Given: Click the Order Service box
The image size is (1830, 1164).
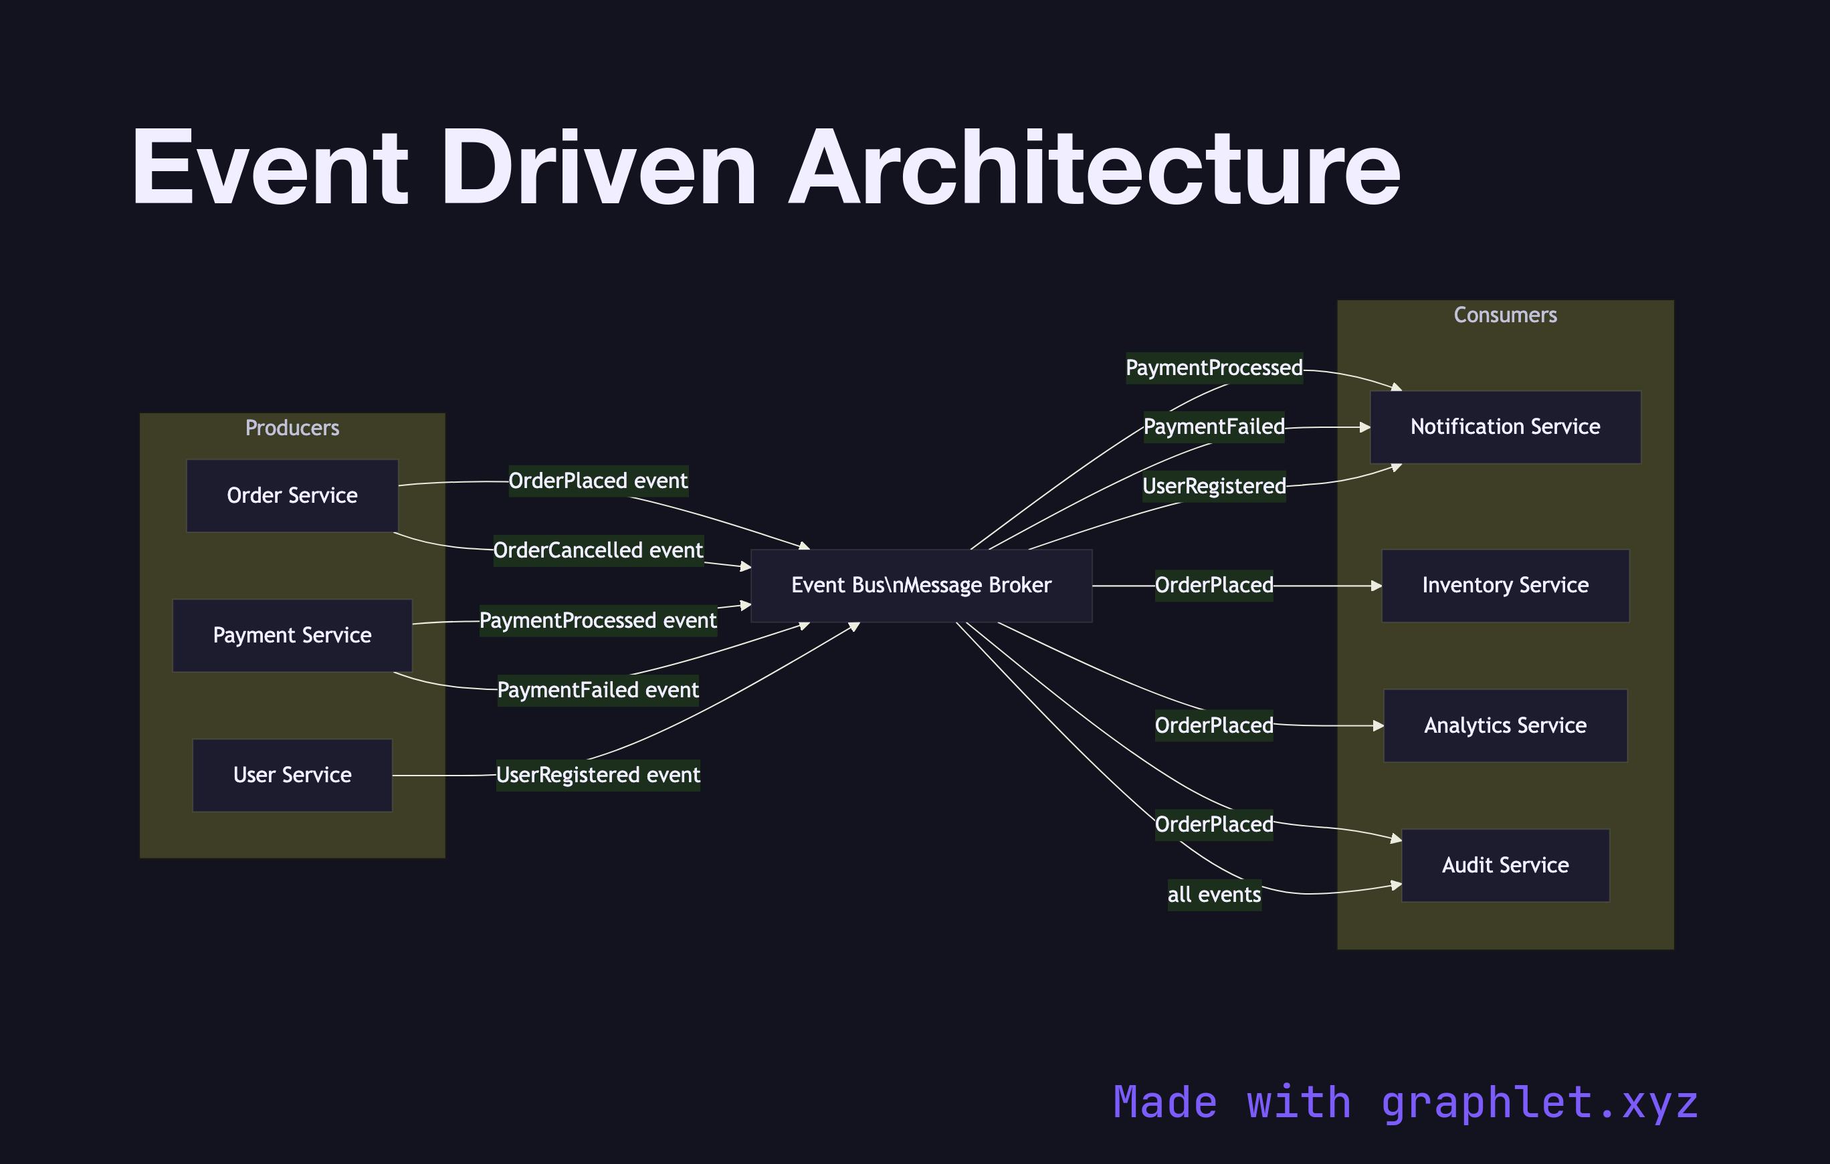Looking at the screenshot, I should point(292,495).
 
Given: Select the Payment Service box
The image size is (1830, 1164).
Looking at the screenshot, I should point(292,635).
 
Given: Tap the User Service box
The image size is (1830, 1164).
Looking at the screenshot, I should point(292,775).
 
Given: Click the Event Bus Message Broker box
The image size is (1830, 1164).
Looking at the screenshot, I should point(921,585).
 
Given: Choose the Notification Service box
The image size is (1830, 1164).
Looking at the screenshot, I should point(1505,427).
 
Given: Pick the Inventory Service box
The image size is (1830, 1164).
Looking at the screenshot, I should point(1505,585).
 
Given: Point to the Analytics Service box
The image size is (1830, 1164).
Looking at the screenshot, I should point(1505,725).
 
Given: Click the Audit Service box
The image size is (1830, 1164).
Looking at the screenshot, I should point(1505,865).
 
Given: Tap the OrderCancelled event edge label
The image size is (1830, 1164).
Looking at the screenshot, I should point(598,550).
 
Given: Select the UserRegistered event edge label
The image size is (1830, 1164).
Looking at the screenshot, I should point(598,775).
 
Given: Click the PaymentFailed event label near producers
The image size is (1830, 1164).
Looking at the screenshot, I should point(598,690).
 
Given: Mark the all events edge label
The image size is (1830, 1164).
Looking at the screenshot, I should point(1214,895).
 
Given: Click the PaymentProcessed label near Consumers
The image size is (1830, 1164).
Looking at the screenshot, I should point(1214,368).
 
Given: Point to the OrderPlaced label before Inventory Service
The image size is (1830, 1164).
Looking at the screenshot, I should point(1214,585).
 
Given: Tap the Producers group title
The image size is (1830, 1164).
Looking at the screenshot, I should point(292,428).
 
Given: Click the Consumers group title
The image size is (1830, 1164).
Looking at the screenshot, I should point(1505,314).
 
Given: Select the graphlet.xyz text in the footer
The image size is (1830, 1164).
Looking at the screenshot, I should point(1539,1102).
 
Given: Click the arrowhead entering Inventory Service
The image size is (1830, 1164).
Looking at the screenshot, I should point(1377,586).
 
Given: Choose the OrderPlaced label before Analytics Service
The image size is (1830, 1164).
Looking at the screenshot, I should point(1214,725).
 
